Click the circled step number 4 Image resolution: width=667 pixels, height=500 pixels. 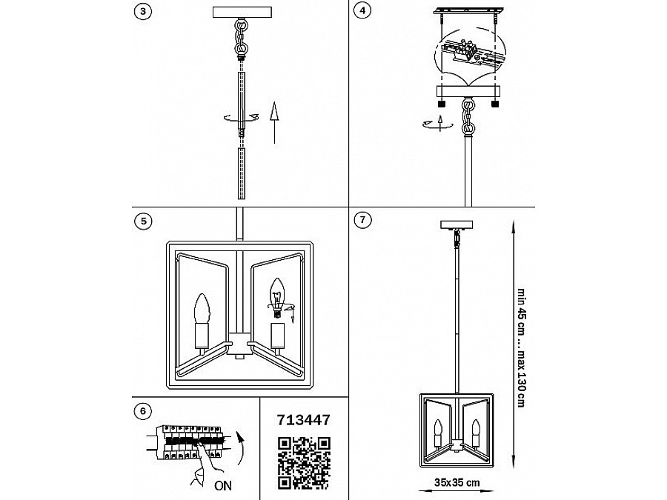coord(361,11)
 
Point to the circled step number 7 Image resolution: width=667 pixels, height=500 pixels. coord(361,221)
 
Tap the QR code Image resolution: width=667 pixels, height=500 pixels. coord(302,463)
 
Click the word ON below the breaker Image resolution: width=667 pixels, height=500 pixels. coord(221,487)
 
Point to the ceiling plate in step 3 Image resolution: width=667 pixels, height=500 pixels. coord(243,12)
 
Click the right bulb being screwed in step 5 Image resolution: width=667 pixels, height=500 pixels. coord(276,293)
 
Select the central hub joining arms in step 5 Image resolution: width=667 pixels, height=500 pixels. coord(239,341)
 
